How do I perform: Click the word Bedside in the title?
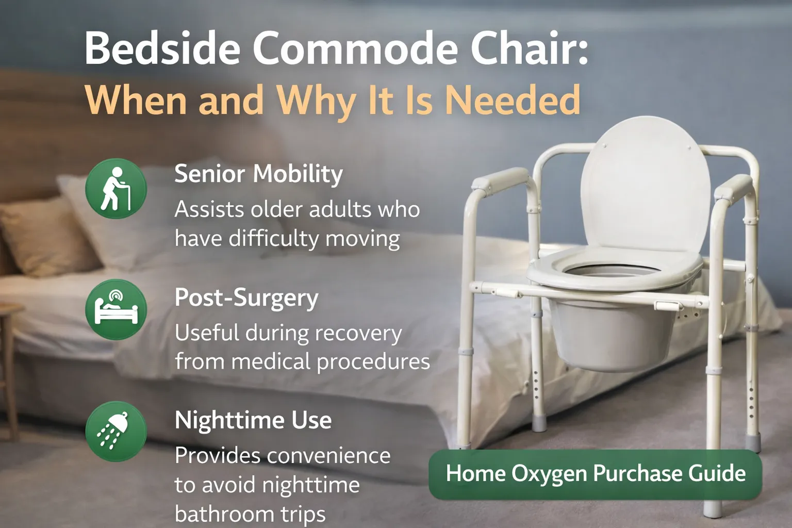coord(162,48)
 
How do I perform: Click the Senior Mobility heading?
coord(258,174)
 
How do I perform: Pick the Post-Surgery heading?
coord(246,298)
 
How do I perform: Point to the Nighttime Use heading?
coord(253,420)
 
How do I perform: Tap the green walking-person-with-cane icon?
coord(116,189)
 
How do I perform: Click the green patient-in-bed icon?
coord(116,309)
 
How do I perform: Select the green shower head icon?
coord(116,431)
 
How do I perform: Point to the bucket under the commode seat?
coord(611,335)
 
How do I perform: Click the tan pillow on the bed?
coord(44,237)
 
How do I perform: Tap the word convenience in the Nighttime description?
coord(330,456)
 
